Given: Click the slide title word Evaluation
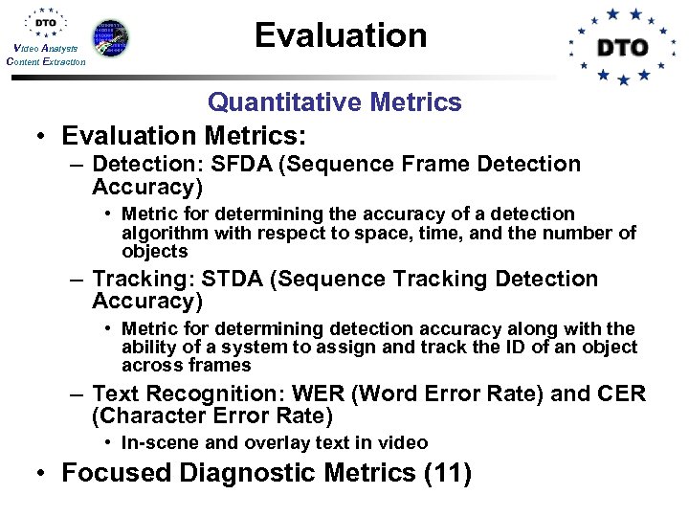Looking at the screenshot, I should click(x=341, y=35).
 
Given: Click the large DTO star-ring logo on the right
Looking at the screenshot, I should click(x=622, y=46).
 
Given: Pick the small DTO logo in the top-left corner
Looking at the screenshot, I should click(x=45, y=23).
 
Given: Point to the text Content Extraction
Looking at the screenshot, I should click(x=45, y=61).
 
